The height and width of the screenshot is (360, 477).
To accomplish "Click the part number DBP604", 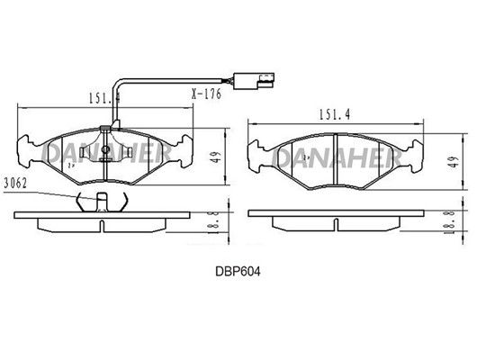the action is point(238,272).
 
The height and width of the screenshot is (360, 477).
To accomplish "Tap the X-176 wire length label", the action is point(206,94).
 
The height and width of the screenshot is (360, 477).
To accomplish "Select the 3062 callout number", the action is point(15,184).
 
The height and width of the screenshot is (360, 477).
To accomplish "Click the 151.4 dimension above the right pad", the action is point(334,114).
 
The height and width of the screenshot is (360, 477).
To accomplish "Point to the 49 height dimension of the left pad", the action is point(216,157).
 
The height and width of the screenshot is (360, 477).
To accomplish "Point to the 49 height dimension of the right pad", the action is point(454,162).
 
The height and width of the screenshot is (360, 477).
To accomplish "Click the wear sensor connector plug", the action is point(254,81).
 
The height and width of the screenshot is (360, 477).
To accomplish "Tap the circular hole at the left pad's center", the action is point(105,149).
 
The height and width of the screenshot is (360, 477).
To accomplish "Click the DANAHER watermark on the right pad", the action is point(336,158).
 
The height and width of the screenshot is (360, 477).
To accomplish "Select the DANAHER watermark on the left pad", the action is point(106,153).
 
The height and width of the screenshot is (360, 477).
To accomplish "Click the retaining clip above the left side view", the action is point(102,202).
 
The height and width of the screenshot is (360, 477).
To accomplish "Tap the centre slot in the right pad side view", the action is point(336,225).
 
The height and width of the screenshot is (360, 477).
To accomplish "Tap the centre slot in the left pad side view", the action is point(102,226).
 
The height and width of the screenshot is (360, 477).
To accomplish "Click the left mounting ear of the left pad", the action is point(25,151).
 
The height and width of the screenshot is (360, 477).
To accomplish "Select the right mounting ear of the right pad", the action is point(416,156).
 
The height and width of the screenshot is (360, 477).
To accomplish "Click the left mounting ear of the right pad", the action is point(256,156).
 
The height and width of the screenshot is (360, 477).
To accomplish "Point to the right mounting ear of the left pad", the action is point(185,151).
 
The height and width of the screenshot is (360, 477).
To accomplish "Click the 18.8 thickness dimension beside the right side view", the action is point(450,221).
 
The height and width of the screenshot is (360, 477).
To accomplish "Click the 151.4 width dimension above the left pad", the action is point(104,98).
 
